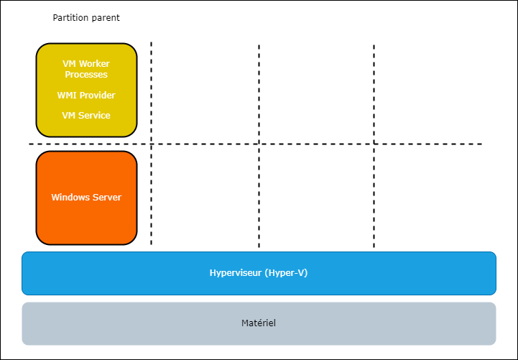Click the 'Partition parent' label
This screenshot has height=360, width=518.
coord(86,17)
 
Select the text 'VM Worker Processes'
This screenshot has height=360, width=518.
coord(86,69)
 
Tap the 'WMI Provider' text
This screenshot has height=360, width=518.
coord(86,95)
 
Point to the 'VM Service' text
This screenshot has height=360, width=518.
coord(86,115)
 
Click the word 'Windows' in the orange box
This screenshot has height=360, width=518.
coord(70,198)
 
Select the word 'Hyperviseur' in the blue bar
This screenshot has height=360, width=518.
coord(235,273)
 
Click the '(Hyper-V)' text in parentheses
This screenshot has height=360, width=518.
coord(286,273)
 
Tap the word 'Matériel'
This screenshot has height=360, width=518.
coord(259,323)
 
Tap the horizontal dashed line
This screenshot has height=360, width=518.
coord(431,144)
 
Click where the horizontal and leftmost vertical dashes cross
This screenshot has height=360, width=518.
coord(151,144)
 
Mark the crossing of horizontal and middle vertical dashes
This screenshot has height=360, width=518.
coord(259,144)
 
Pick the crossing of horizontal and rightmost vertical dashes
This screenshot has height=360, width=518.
coord(374,144)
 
